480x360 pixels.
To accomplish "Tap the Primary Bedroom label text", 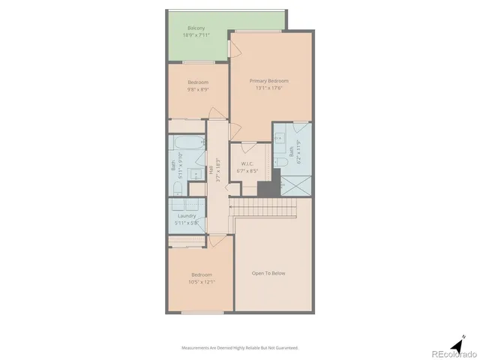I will (x=268, y=81).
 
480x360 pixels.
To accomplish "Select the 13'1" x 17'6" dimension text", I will (x=268, y=88).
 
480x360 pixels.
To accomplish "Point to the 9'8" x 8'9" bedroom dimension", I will (x=199, y=89).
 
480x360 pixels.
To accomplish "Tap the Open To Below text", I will (x=268, y=273).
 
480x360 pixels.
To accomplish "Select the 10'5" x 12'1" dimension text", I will (x=202, y=282).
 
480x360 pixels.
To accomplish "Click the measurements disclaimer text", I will (x=240, y=348).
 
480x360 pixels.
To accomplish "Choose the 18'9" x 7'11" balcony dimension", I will (x=196, y=35).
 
